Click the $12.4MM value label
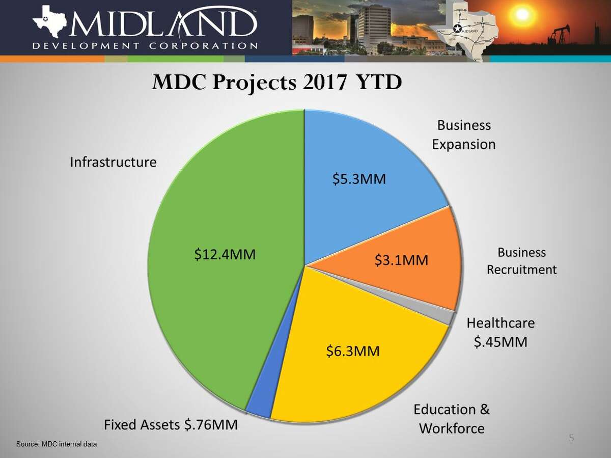[x=225, y=254]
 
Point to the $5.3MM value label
[x=359, y=179]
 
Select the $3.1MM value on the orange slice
[x=401, y=260]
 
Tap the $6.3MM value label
[x=353, y=352]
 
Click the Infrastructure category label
[x=113, y=163]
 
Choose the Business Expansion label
[x=464, y=135]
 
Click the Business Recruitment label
[x=521, y=261]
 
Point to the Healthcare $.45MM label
[x=501, y=332]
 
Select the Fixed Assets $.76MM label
[x=171, y=424]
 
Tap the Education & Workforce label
[x=452, y=418]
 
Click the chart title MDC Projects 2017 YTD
[x=276, y=83]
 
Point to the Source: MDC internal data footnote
[x=56, y=444]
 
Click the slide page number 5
[x=571, y=438]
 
